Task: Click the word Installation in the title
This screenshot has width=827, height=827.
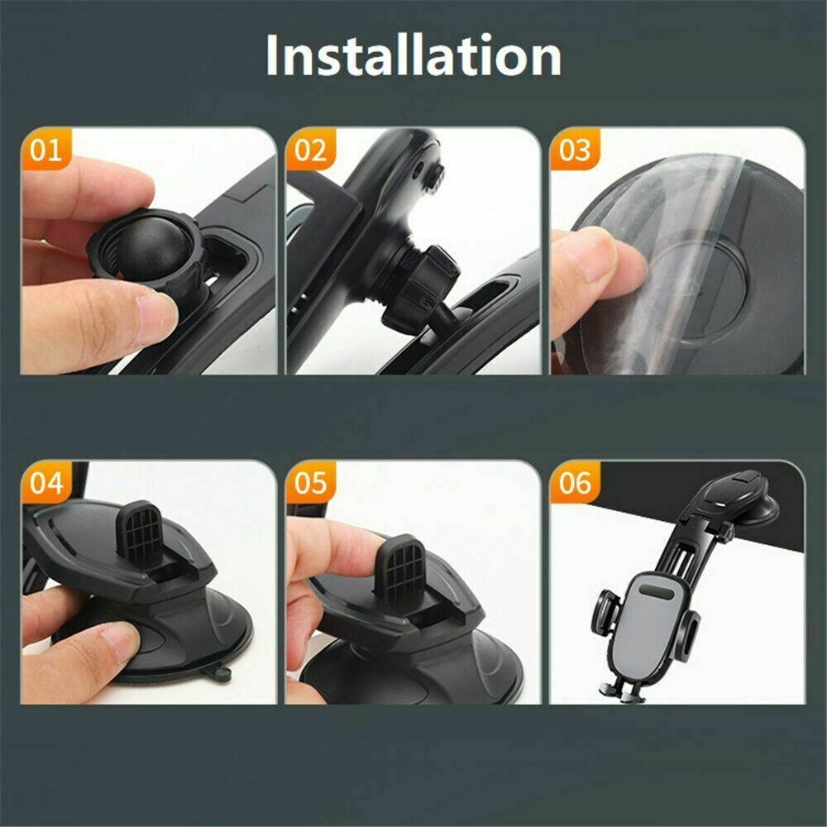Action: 413,56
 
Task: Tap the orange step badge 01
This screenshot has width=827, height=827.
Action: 46,151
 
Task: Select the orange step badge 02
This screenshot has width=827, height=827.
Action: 311,151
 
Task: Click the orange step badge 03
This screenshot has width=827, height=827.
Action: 576,151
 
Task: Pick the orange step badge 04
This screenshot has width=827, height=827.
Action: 46,483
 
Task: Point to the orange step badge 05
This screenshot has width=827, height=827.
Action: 311,483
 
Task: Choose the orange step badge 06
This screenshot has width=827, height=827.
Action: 576,483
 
